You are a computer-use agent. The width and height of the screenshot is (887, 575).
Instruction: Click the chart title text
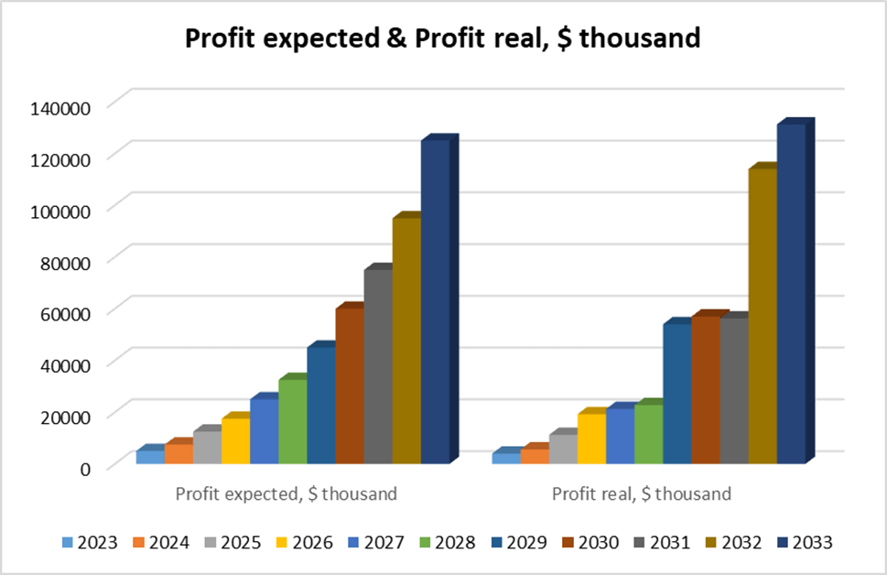click(x=443, y=38)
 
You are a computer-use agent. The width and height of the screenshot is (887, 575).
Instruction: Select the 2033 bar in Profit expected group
click(x=435, y=302)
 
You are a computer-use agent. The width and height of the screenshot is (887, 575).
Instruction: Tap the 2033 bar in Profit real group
click(x=791, y=293)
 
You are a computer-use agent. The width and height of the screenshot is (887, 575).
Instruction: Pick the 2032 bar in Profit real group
click(x=763, y=316)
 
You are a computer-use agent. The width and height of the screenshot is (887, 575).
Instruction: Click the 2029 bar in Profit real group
click(x=677, y=394)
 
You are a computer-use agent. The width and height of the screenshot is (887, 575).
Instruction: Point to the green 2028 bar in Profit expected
click(x=292, y=421)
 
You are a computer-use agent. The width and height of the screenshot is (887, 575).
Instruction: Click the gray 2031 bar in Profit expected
click(x=377, y=366)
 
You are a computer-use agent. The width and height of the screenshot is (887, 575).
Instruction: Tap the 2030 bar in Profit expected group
click(x=349, y=385)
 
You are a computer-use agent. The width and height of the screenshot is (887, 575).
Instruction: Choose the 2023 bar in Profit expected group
click(x=150, y=457)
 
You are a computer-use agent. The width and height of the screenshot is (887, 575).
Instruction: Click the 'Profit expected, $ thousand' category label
click(x=286, y=494)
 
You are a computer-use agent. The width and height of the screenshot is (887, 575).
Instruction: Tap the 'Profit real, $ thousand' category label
click(x=642, y=494)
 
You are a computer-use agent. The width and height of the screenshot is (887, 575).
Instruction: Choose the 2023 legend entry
click(x=90, y=542)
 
